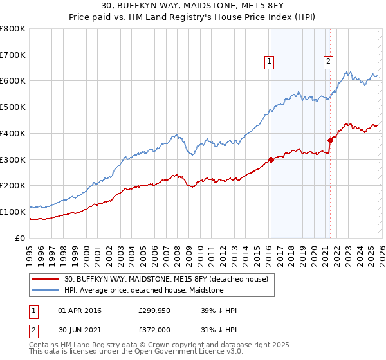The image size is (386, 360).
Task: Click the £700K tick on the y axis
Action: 13,55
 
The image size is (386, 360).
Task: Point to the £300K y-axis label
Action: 13,159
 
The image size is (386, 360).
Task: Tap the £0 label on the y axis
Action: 19,238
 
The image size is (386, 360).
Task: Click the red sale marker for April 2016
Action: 271,159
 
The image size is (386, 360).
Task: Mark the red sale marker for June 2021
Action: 330,139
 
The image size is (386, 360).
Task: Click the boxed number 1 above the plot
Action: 269,62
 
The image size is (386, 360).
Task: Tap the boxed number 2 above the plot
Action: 328,62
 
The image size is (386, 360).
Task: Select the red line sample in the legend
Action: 45,279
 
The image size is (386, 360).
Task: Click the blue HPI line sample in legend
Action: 45,290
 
